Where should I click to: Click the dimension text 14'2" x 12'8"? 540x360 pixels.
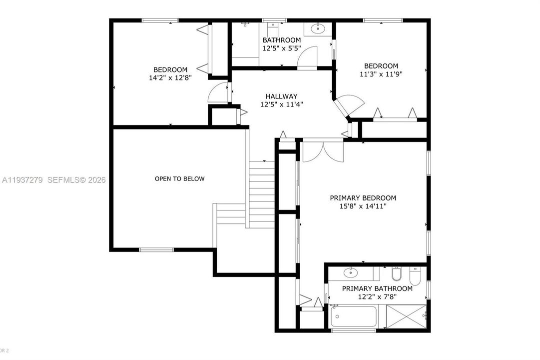[x=170, y=77]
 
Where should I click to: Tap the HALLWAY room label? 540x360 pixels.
[x=281, y=96]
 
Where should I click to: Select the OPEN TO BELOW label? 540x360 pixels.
[x=179, y=178]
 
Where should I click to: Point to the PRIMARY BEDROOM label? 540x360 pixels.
[x=363, y=198]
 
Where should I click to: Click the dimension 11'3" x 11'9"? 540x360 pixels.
[x=381, y=74]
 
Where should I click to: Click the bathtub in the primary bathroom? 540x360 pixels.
[x=354, y=316]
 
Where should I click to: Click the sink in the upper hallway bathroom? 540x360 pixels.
[x=318, y=28]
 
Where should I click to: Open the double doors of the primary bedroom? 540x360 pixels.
[x=323, y=150]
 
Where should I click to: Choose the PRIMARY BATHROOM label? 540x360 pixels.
[x=377, y=288]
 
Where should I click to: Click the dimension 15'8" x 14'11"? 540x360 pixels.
[x=363, y=205]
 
